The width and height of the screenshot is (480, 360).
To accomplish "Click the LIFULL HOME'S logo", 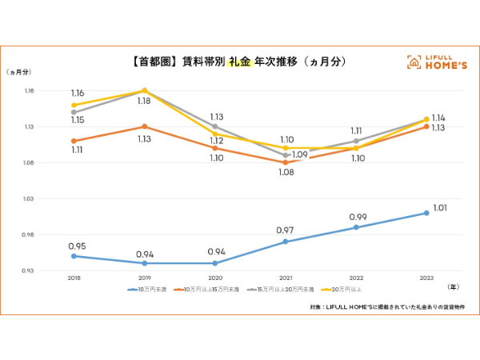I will [435, 62].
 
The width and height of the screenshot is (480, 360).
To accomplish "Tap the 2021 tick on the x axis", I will [286, 277].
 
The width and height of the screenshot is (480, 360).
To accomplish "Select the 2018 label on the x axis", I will [74, 277].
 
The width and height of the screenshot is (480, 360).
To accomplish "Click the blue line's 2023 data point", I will [426, 213].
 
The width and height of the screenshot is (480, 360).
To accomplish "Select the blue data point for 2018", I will [74, 256].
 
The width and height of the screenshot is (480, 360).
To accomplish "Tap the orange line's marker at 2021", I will [286, 162].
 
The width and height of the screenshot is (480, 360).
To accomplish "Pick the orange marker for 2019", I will [145, 126].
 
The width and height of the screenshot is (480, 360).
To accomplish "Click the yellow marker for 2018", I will [74, 105].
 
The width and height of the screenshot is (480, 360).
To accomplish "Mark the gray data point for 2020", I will [215, 126].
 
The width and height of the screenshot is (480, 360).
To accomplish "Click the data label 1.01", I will [440, 209].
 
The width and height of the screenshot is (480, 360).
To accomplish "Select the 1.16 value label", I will [77, 94].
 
